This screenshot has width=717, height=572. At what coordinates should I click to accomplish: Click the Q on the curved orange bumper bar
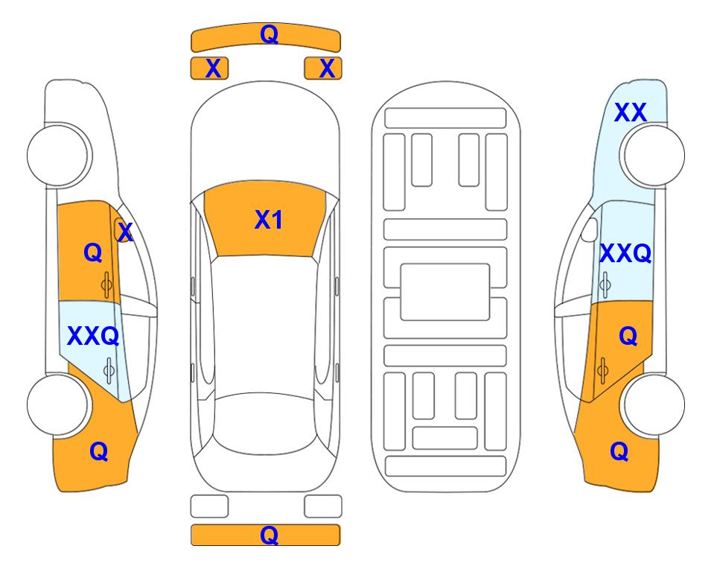269,34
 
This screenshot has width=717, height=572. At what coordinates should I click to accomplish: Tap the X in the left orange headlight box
213,69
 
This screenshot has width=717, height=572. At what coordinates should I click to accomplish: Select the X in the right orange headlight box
327,69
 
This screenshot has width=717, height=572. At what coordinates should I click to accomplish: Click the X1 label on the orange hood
269,220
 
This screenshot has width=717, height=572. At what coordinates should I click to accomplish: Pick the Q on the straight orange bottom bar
269,535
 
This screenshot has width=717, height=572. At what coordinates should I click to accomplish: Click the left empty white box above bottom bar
209,506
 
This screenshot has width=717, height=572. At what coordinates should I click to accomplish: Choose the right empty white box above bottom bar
323,506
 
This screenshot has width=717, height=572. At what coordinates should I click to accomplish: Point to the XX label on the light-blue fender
631,112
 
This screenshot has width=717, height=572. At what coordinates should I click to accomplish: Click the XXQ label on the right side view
625,253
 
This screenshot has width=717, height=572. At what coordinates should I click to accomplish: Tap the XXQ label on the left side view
93,337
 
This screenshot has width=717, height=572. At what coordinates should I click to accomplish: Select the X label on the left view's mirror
125,232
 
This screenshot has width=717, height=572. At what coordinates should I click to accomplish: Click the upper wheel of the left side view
59,155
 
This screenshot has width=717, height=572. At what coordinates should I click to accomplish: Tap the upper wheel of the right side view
652,155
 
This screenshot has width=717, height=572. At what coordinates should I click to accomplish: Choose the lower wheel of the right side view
652,404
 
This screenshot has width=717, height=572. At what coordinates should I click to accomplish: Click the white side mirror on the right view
589,229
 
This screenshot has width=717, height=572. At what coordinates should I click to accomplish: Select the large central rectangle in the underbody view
445,292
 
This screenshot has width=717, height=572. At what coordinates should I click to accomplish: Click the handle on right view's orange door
602,370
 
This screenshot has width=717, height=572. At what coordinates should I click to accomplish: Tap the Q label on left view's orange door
93,252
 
